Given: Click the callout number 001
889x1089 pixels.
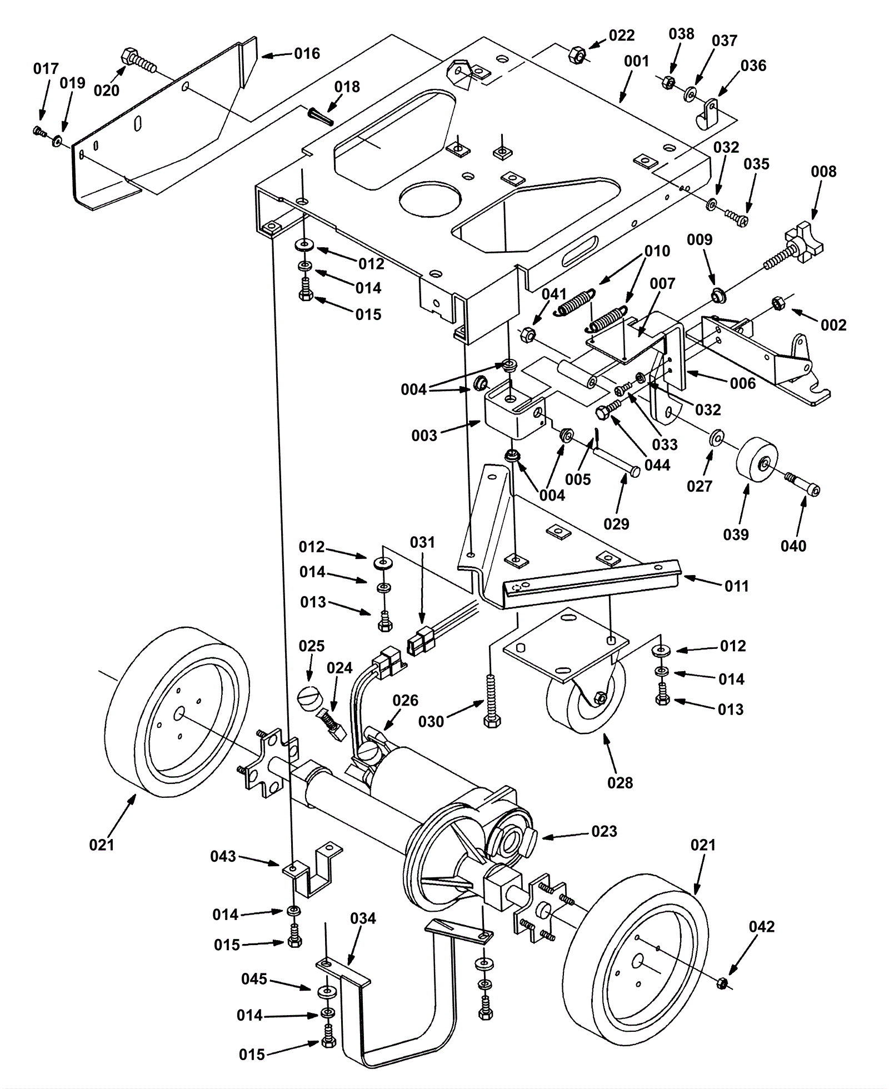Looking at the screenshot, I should click(x=636, y=61).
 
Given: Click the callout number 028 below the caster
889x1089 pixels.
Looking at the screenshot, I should click(x=620, y=783).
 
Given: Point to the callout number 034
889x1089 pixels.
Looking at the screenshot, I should click(x=363, y=918).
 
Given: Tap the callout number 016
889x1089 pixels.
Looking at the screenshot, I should click(x=307, y=53).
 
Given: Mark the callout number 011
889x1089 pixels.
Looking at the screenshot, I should click(x=736, y=586).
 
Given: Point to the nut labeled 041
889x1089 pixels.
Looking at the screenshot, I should click(x=528, y=336).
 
